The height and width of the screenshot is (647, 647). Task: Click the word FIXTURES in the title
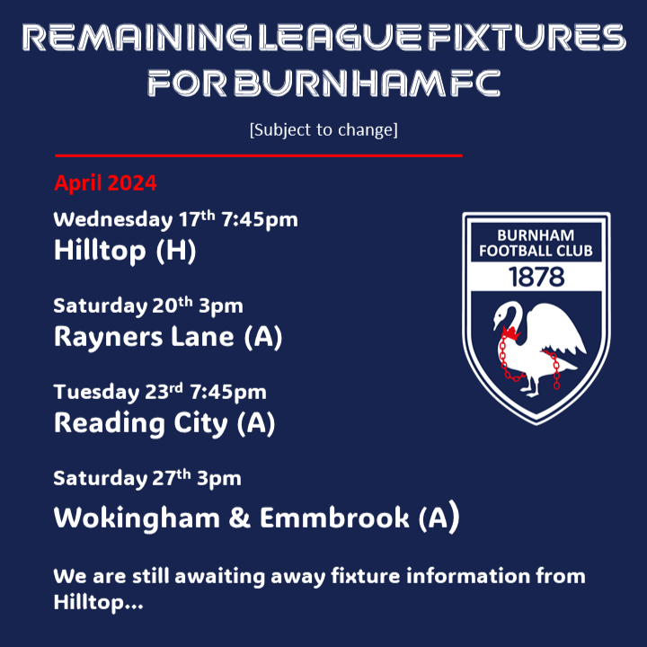coord(527,37)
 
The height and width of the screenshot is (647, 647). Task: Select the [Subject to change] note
coord(323,130)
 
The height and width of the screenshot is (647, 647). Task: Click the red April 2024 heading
coord(105,182)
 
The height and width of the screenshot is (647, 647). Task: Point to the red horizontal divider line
coord(259,155)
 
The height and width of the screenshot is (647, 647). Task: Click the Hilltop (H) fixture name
coord(125,251)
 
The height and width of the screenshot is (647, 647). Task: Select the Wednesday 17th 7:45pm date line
coord(175,218)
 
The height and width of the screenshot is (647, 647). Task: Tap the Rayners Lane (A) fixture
coord(168,337)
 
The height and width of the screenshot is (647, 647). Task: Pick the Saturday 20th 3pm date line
coord(148,306)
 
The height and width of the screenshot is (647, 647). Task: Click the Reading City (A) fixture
coord(164,423)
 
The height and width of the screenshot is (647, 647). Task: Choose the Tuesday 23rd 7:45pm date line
coord(160,392)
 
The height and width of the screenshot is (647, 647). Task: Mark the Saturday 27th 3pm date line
coord(147,478)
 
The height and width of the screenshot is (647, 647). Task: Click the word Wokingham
coord(137,518)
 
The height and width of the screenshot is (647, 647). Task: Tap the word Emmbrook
coord(334,518)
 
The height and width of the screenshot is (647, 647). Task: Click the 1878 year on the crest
coord(536,277)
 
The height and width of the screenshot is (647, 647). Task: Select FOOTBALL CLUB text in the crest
coord(536,251)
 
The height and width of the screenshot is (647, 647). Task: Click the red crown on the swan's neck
coord(510,332)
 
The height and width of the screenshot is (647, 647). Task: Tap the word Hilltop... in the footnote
coord(98,602)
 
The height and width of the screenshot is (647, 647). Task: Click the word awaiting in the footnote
coord(219,576)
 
